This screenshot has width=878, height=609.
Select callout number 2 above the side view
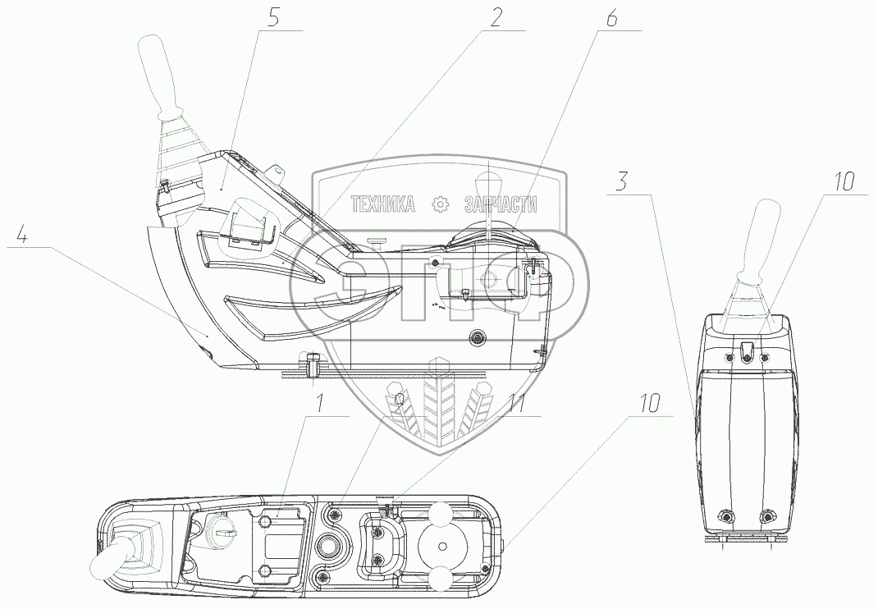pos(496,17)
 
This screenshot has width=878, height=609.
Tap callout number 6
pos(611,18)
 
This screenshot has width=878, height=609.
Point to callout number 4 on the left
pos(24,237)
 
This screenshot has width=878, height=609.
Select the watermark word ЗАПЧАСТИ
pos(500,204)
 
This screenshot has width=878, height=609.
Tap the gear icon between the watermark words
pos(441,204)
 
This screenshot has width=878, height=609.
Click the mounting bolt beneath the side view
pos(313,366)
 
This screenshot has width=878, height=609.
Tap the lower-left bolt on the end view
pos(725,516)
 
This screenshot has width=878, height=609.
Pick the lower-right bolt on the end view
pos(767,516)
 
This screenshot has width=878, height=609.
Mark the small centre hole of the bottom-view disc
pos(441,547)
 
